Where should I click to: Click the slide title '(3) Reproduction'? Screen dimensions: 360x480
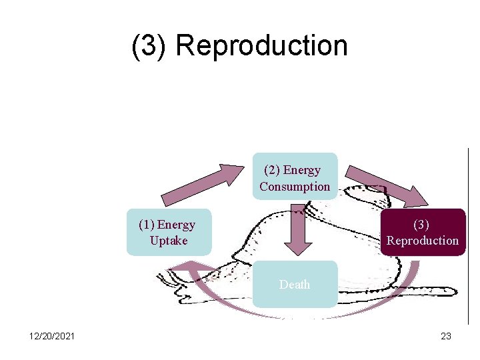coord(239,46)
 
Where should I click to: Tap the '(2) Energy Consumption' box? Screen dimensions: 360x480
coord(295,177)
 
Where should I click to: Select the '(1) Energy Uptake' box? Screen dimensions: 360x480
coord(169,233)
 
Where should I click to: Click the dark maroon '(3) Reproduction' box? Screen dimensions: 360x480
coord(423,233)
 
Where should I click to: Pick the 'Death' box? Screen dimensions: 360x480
coord(295,284)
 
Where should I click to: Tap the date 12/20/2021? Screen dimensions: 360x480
coord(52,336)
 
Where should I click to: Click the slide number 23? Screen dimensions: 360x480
coord(446,336)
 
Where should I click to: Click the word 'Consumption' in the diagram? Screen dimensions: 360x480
coord(295,187)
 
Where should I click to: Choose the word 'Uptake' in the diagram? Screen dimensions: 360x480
coord(169,241)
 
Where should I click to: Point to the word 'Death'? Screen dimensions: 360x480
coord(295,285)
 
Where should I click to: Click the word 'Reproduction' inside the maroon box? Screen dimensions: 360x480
coord(423,241)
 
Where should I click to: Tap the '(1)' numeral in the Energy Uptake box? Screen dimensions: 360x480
coord(147,225)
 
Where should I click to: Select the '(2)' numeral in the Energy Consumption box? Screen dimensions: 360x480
coord(272,170)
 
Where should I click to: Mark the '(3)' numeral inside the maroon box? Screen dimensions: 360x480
coord(421,225)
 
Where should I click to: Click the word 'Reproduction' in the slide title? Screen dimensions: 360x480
coord(261,46)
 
